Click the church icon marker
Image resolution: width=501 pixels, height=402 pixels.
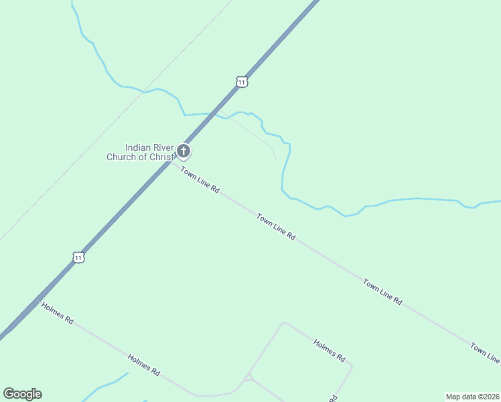pos(184,152)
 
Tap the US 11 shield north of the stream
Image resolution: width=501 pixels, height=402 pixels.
pos(242,82)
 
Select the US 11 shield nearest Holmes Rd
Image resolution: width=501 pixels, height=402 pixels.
pos(79,257)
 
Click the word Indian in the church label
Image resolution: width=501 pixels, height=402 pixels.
pos(139,148)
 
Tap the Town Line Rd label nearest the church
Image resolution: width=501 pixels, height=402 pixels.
pos(200,181)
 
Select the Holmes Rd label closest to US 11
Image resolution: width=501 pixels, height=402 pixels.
pos(57,313)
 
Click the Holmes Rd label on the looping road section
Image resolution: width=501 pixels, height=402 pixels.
pos(329,349)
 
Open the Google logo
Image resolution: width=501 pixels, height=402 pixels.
pos(22,394)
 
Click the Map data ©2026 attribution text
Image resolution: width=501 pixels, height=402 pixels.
pos(472,397)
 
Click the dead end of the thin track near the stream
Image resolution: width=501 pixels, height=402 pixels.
pos(275,159)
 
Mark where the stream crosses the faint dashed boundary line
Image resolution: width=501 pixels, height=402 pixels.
pos(144,92)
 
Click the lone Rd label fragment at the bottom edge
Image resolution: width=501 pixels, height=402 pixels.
pos(332,398)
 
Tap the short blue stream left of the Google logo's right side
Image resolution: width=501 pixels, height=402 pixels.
pos(107,385)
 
